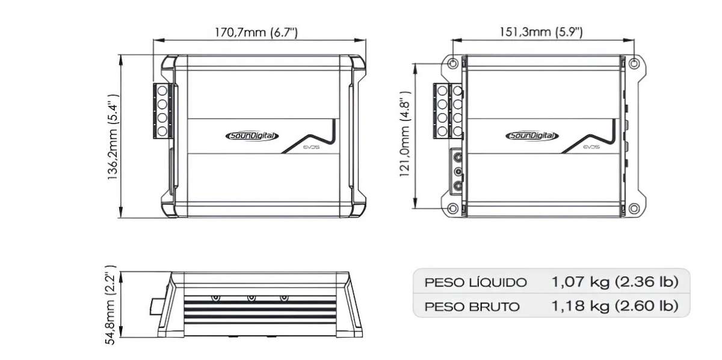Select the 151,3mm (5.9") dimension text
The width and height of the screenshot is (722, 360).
540,31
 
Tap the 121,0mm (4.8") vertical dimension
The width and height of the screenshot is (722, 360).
405,137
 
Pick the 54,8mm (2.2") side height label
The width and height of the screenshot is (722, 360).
113,306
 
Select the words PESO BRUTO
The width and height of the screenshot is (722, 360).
472,306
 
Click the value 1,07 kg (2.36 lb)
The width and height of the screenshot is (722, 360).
614,282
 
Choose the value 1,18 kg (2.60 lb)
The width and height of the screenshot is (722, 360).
614,306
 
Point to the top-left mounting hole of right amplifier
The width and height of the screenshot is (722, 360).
453,63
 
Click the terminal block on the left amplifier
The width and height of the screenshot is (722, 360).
163,111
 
